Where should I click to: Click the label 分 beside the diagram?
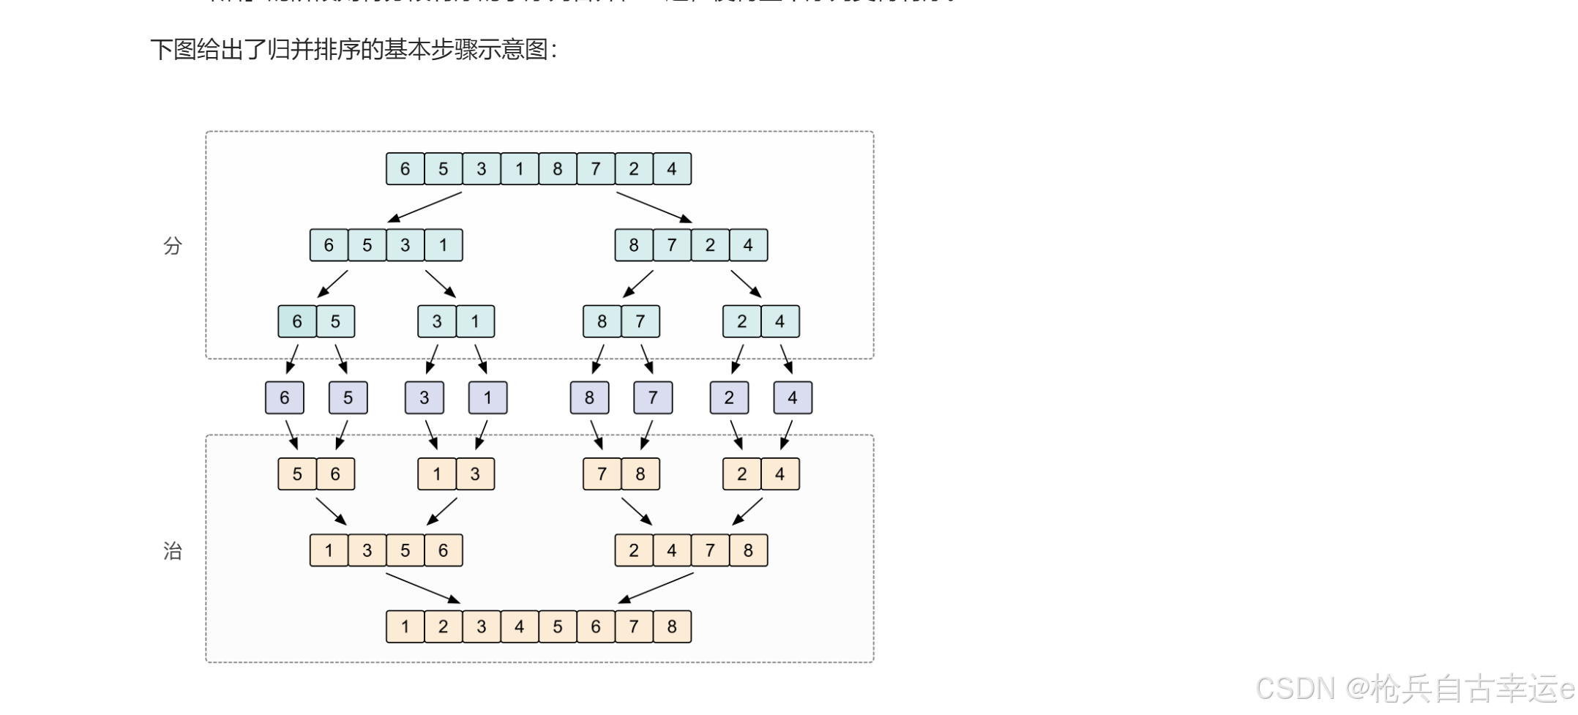tap(173, 246)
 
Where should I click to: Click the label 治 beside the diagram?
tap(173, 551)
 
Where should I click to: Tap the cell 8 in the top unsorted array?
tap(558, 169)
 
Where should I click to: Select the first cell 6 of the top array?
tap(405, 169)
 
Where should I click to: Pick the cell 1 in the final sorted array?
tap(405, 626)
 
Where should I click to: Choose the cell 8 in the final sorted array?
tap(672, 626)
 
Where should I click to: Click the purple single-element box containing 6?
tap(285, 397)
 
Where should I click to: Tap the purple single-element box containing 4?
tap(793, 397)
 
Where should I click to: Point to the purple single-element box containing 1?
tap(488, 397)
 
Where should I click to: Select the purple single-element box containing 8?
tap(590, 397)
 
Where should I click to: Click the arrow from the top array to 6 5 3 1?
tap(425, 207)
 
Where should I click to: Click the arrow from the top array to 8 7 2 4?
tap(654, 207)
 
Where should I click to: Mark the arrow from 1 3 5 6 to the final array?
tap(423, 588)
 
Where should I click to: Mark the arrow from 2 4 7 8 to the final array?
tap(655, 588)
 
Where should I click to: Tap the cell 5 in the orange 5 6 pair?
tap(297, 474)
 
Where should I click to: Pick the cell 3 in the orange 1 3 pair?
tap(475, 474)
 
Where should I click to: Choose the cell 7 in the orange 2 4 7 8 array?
tap(710, 550)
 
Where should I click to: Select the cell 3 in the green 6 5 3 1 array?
tap(405, 245)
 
